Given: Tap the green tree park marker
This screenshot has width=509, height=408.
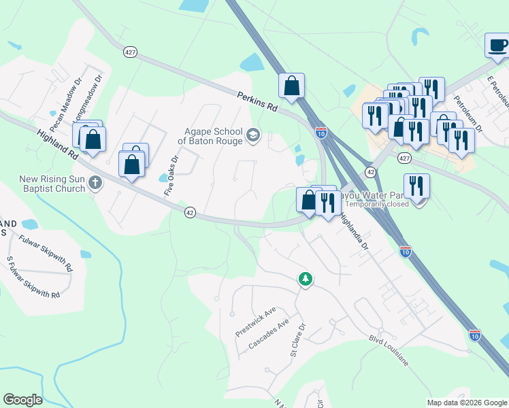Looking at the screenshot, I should tap(306, 279).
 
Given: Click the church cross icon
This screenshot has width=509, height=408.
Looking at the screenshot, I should tap(95, 182).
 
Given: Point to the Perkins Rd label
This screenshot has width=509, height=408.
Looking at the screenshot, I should tap(258, 103).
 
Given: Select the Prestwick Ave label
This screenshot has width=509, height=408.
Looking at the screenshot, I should tap(255, 322).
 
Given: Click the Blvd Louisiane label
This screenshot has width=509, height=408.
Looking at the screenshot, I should tap(389, 350).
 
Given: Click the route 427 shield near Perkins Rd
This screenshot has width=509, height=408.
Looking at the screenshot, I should tap(131, 52).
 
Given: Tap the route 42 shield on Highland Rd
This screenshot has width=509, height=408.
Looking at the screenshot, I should tap(191, 213).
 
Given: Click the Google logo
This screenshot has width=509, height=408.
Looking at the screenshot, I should tap(22, 400).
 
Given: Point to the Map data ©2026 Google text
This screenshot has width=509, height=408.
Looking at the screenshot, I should tap(466, 403).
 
